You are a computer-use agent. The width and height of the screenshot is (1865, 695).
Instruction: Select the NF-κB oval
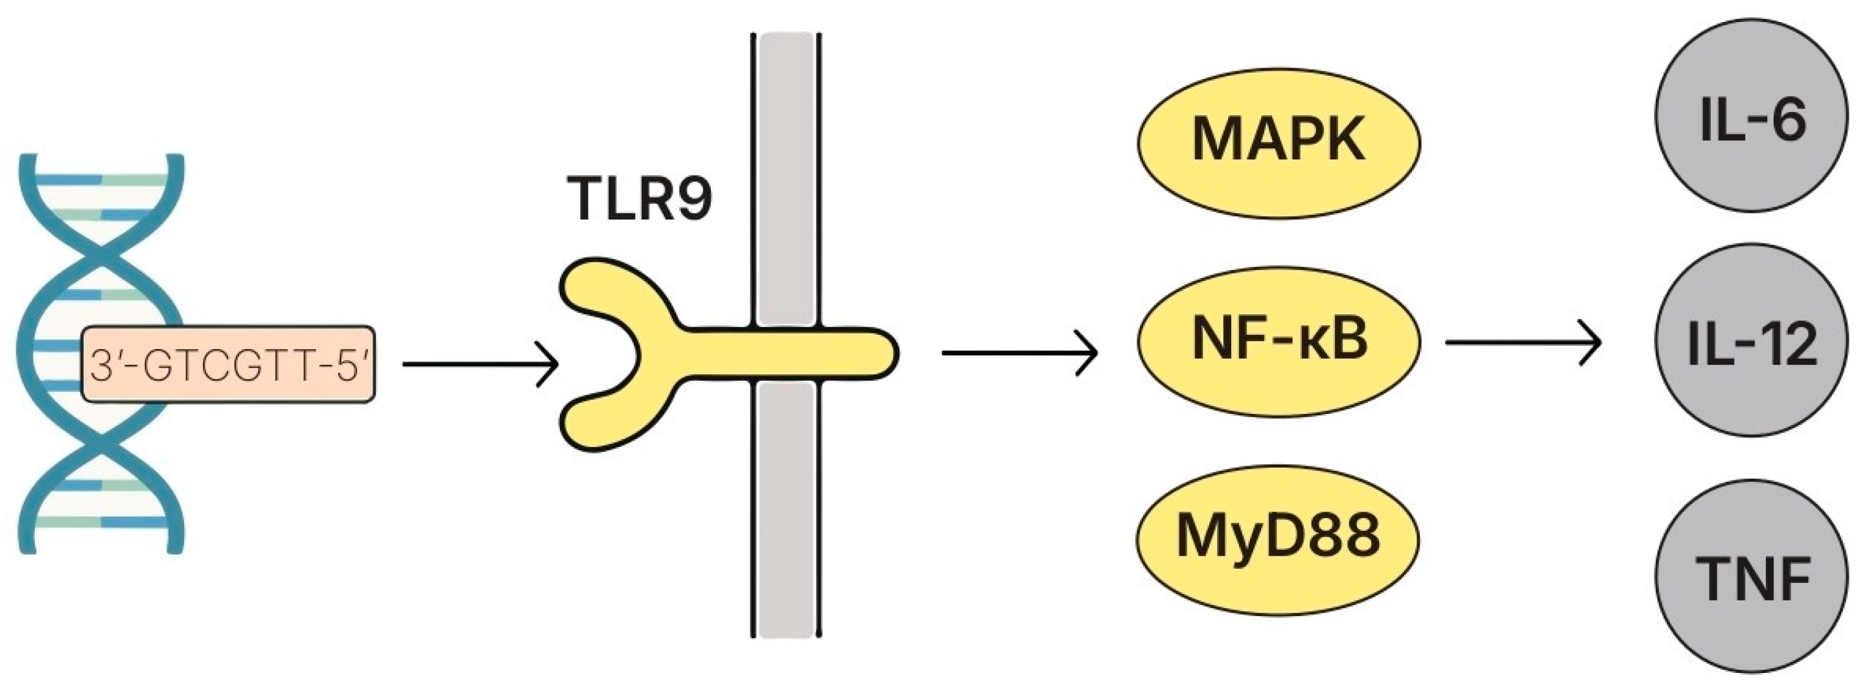tap(1279, 340)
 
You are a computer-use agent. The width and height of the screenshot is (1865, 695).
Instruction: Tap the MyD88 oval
tap(1277, 540)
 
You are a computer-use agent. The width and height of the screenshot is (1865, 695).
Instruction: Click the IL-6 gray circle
tap(1752, 116)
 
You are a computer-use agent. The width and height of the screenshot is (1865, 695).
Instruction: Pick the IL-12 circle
tap(1752, 340)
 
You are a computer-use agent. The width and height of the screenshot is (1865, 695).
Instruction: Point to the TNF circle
tap(1752, 577)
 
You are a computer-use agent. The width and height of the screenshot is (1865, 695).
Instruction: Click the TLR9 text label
tap(640, 198)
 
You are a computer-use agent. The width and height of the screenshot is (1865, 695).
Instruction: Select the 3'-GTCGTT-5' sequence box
tap(229, 364)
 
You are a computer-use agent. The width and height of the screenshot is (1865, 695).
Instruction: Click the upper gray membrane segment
tap(786, 174)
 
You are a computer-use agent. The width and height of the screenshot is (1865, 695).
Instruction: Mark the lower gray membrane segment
tap(786, 507)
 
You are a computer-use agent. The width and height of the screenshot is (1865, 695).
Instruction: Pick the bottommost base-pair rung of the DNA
tap(101, 522)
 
